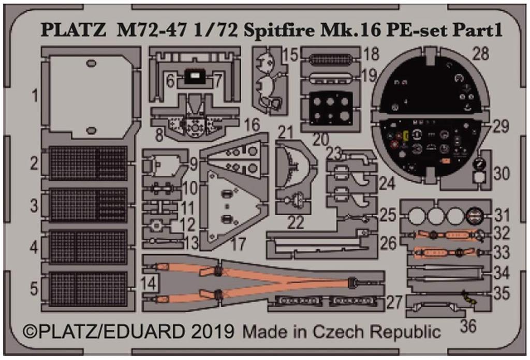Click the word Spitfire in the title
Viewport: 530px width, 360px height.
pyautogui.click(x=279, y=31)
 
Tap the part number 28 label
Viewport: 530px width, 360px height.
pyautogui.click(x=480, y=53)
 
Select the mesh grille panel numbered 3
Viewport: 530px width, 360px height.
pyautogui.click(x=88, y=205)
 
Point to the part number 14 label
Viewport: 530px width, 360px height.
pyautogui.click(x=149, y=283)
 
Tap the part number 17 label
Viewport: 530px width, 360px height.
pyautogui.click(x=238, y=244)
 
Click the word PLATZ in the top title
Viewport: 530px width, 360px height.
pyautogui.click(x=73, y=31)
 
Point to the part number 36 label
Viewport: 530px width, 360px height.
pyautogui.click(x=468, y=326)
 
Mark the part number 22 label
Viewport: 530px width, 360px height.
pyautogui.click(x=296, y=223)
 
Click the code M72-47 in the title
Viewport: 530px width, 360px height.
pyautogui.click(x=152, y=31)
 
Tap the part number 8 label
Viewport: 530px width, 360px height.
pyautogui.click(x=159, y=136)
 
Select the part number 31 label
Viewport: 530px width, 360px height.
pyautogui.click(x=501, y=215)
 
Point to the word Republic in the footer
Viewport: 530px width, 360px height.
pyautogui.click(x=406, y=332)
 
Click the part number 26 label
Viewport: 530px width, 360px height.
pyautogui.click(x=388, y=243)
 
